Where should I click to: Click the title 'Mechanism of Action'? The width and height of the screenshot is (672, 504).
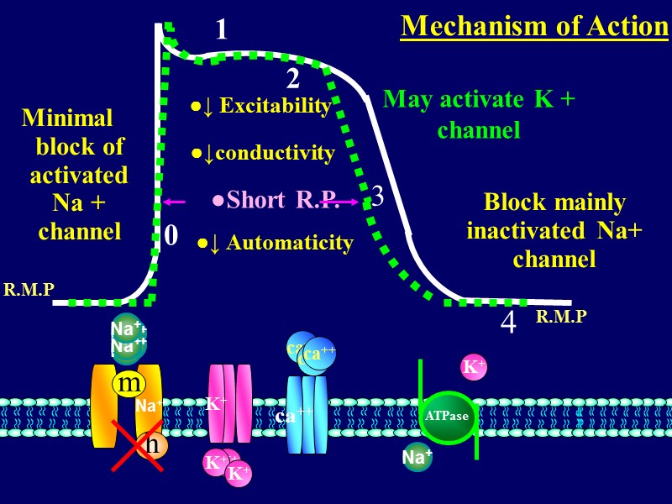(534, 26)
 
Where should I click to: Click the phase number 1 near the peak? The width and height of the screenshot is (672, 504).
(221, 30)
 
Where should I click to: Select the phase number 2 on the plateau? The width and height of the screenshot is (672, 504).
(292, 79)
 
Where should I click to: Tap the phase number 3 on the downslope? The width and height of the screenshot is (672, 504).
(378, 197)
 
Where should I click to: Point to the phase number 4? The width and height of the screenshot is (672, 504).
(508, 323)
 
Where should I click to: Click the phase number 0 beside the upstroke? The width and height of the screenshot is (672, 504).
(171, 236)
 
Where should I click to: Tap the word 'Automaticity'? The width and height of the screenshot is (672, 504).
(290, 244)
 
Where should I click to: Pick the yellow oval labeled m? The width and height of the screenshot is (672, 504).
(129, 384)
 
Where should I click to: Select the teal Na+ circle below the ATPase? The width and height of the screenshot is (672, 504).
(417, 458)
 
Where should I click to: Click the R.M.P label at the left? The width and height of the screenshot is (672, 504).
(29, 291)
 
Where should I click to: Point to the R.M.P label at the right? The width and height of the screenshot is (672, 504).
(561, 317)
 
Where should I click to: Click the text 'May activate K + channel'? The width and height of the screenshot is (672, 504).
(479, 114)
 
